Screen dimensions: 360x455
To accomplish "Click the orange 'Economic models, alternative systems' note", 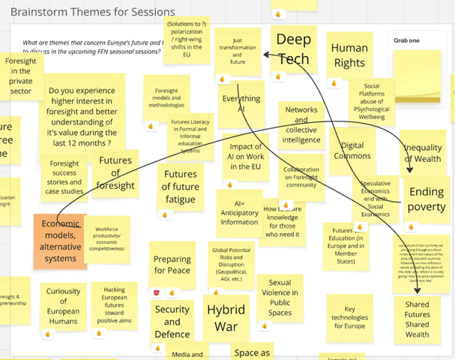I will (x=59, y=241).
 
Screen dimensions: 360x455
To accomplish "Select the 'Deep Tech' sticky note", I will (x=293, y=49).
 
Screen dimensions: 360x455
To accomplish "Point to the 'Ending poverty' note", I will (x=426, y=199).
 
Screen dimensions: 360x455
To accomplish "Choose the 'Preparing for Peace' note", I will (x=172, y=265).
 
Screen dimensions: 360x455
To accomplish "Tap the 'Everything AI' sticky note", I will (x=241, y=103).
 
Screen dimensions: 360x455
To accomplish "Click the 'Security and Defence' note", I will (x=172, y=320).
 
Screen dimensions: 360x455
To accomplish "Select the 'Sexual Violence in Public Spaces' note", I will (x=279, y=292).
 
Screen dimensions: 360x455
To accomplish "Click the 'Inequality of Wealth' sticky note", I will (x=423, y=153).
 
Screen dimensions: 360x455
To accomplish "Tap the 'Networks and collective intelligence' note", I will (x=301, y=124).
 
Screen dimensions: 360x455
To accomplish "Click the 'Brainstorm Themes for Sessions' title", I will (x=92, y=12).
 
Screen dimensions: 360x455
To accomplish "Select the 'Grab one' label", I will (x=409, y=43).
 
